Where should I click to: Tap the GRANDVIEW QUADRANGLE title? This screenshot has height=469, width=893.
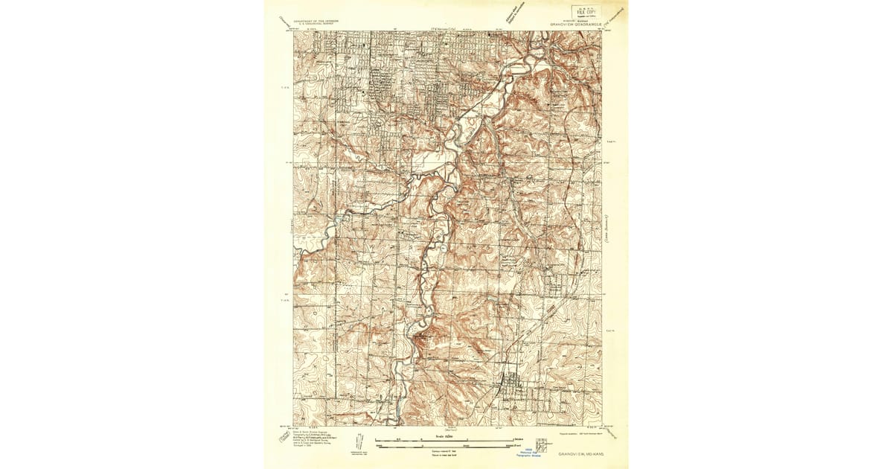[576, 24]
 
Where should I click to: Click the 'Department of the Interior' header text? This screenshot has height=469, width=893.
[316, 22]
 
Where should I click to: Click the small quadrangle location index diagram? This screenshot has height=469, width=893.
[542, 444]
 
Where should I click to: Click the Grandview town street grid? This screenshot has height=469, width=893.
[513, 386]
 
